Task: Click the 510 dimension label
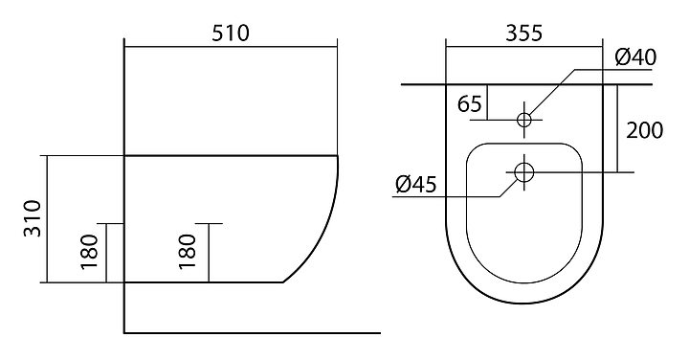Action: (231, 33)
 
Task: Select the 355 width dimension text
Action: (523, 33)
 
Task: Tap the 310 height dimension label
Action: (33, 218)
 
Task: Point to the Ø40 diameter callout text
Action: (635, 57)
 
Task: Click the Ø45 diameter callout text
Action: (415, 184)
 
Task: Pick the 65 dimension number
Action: (469, 104)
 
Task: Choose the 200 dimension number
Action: (644, 130)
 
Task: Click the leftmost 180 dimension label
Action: (89, 252)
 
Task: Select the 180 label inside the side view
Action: (188, 252)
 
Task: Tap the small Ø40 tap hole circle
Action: (523, 120)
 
